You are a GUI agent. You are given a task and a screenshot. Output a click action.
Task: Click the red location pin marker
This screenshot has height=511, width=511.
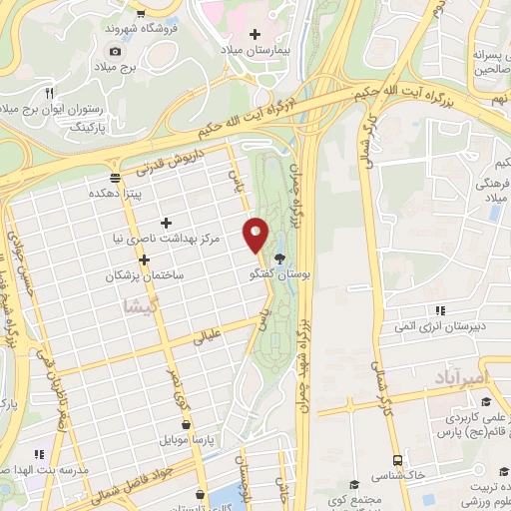coord(255,235)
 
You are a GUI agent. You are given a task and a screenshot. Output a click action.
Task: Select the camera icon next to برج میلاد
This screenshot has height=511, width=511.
coord(115,51)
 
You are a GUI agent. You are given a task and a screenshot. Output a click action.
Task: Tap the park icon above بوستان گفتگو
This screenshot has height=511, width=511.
coord(291,257)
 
